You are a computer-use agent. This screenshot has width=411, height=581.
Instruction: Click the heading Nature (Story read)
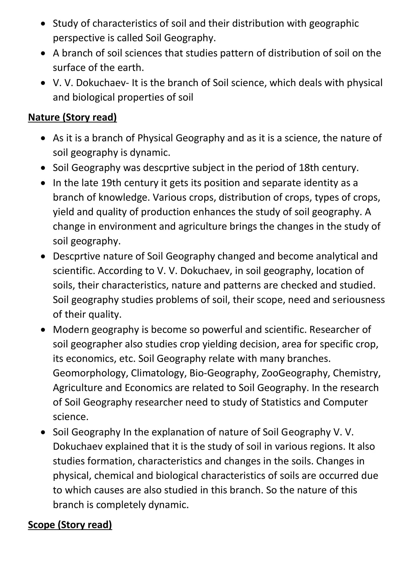click(x=72, y=117)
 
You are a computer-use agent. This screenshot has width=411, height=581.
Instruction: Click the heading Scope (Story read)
click(x=70, y=525)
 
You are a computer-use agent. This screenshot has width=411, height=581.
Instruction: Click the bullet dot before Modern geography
click(x=44, y=330)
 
